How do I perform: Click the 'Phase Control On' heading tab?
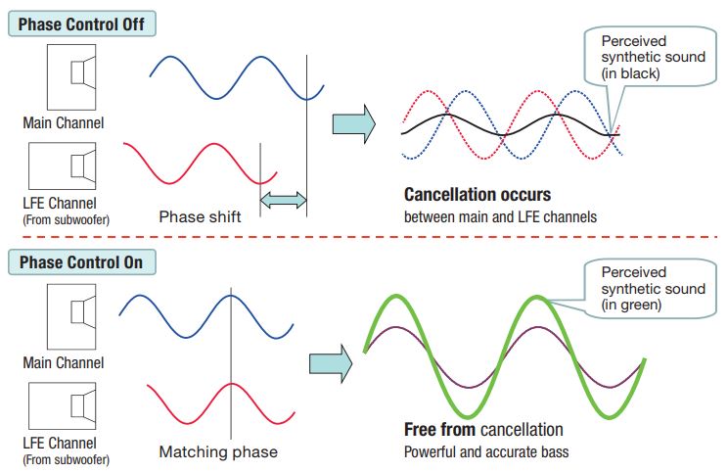pyautogui.click(x=81, y=262)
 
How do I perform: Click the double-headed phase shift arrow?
pyautogui.click(x=283, y=201)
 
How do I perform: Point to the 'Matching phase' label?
pyautogui.click(x=218, y=451)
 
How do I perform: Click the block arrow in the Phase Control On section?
pyautogui.click(x=330, y=362)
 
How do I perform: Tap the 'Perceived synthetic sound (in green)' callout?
pyautogui.click(x=653, y=288)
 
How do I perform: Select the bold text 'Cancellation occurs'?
pyautogui.click(x=477, y=195)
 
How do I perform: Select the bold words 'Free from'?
pyautogui.click(x=439, y=429)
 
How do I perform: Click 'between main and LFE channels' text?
pyautogui.click(x=500, y=216)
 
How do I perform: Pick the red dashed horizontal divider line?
pyautogui.click(x=363, y=238)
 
